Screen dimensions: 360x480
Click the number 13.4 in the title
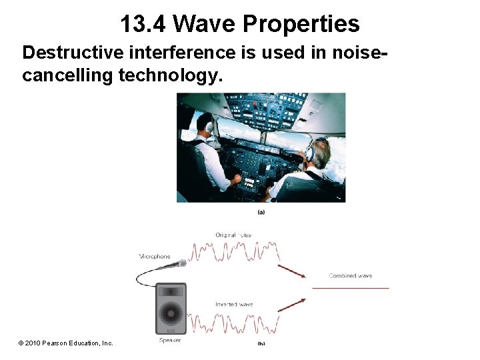coord(143,24)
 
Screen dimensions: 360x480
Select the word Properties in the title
coord(301,24)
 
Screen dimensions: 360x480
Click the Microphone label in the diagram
coord(155,256)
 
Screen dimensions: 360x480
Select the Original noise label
coord(233,235)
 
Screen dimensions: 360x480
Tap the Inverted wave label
coord(234,305)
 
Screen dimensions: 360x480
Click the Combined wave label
coord(350,275)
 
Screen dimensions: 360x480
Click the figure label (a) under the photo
coord(261,212)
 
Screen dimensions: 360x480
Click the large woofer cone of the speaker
coord(171,313)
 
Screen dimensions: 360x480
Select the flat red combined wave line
coord(350,288)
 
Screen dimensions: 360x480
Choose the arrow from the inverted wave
coord(291,305)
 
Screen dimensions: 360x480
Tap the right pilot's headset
coord(311,153)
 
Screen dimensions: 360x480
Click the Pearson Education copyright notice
coord(65,343)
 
